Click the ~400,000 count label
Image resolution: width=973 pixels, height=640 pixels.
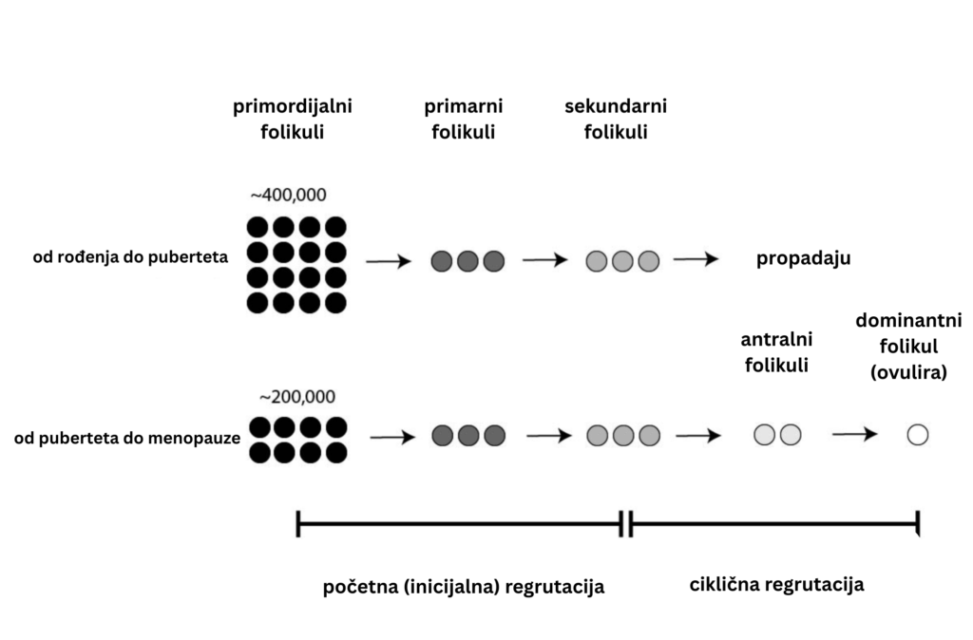point(288,196)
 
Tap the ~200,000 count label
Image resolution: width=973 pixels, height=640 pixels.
point(297,396)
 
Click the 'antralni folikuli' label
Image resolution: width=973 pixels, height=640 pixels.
point(776,350)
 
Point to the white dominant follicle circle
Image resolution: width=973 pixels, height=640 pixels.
point(917,435)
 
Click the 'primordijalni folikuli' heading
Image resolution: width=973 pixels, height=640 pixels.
point(292,119)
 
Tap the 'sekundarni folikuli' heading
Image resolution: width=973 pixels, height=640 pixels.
point(615,119)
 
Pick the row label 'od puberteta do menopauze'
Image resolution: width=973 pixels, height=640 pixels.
point(126,438)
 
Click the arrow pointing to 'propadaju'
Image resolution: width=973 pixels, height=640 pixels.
point(696,258)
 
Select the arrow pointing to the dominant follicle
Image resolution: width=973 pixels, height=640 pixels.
point(854,434)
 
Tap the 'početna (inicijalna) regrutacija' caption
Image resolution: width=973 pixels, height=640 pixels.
point(464,587)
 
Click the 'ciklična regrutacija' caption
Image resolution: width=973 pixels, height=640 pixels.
point(776,584)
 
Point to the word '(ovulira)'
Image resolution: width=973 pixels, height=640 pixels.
point(908,373)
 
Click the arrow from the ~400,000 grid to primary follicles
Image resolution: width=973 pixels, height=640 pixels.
point(389,261)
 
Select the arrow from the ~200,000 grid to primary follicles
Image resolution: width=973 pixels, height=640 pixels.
point(392,437)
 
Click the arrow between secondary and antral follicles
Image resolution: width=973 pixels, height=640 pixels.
point(697,436)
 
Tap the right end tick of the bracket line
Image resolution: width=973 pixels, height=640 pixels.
point(918,523)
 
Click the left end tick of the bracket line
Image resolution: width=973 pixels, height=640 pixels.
point(298,523)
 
